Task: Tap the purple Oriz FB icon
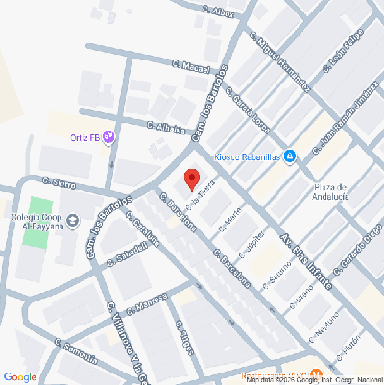[x=108, y=137]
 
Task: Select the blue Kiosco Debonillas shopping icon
[x=290, y=156]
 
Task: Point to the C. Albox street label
[x=218, y=12]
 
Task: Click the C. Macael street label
[x=190, y=66]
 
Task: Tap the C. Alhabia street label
[x=165, y=126]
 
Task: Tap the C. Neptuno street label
[x=324, y=331]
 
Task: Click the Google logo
[x=19, y=376]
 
